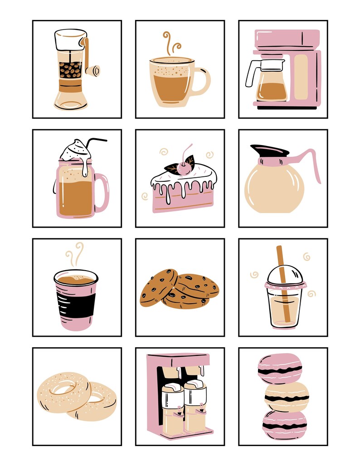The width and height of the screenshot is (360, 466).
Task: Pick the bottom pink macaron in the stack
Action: click(284, 425)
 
